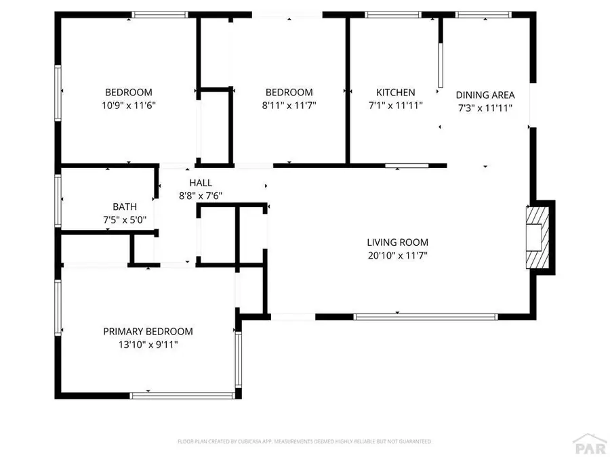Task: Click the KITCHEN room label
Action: (x=396, y=93)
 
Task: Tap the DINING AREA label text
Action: (x=485, y=95)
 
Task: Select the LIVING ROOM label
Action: (x=398, y=242)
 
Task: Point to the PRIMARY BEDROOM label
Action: (x=148, y=332)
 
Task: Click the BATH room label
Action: (x=125, y=207)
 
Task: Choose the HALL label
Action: (x=201, y=183)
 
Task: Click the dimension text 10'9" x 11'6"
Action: (x=128, y=106)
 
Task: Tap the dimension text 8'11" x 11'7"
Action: (x=289, y=106)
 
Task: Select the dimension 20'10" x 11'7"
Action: (x=398, y=255)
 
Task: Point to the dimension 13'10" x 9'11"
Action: (x=148, y=345)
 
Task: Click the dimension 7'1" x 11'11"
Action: (x=396, y=106)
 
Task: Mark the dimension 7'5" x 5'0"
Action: (x=125, y=220)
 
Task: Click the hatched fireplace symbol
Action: (x=535, y=237)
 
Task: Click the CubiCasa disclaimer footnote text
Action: (x=304, y=441)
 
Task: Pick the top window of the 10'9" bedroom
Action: (x=159, y=14)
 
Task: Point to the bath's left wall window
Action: (x=58, y=200)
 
